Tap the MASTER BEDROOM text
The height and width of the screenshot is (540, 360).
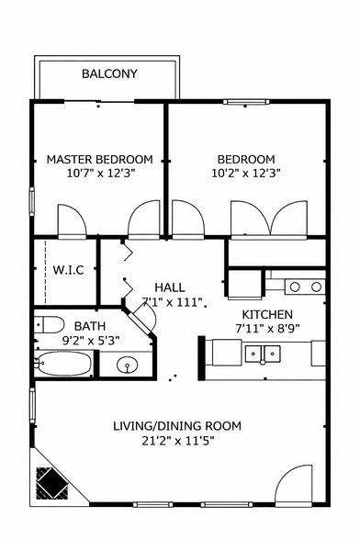point(99,159)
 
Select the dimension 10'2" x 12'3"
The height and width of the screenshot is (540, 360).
point(246,173)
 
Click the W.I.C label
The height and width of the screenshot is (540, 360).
point(69,271)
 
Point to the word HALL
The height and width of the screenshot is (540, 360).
point(170,287)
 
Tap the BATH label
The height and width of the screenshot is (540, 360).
point(90,326)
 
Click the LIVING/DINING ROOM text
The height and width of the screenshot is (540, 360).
point(177,425)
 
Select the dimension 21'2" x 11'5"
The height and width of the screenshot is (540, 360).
point(177,441)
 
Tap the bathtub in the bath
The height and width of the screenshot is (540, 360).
point(63,366)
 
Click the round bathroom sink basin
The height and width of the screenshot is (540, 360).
point(128,366)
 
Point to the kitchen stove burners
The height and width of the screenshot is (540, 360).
point(305,287)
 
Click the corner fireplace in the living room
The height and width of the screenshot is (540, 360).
point(50,480)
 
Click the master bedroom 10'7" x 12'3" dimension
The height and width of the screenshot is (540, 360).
point(99,173)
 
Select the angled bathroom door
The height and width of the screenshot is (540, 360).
point(142,318)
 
